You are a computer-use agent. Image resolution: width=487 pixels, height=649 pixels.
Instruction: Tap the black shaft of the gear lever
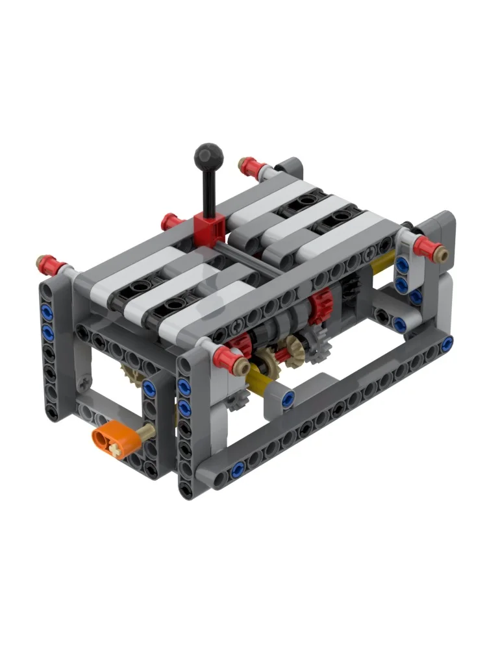[208, 191]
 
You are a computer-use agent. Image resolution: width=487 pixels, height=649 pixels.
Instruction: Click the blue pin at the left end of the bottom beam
[240, 466]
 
